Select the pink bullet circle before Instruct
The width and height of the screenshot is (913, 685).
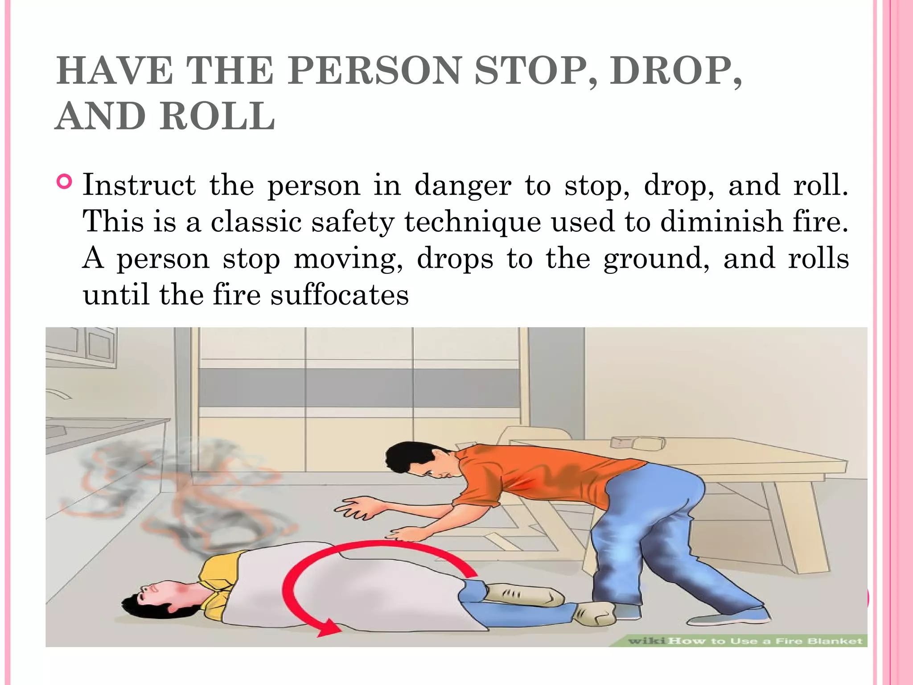65,182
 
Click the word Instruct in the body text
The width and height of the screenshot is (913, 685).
139,185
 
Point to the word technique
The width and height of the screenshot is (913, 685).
472,222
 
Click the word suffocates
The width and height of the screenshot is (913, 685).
339,295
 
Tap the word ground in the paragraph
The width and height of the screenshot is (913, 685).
656,259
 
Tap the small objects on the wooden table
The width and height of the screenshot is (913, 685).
637,443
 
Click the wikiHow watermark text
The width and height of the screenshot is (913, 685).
744,641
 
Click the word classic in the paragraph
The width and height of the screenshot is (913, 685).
256,222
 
